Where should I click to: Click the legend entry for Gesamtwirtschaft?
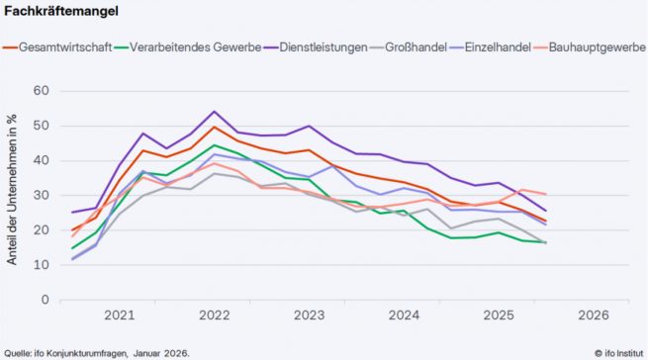[x=65, y=46]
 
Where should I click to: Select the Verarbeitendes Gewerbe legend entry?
[x=188, y=46]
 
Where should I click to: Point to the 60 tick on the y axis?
[x=41, y=91]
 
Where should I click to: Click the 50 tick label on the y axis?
[x=41, y=126]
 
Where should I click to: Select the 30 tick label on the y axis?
[x=41, y=196]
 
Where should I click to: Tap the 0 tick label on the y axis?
[x=45, y=300]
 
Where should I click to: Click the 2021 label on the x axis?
[x=119, y=315]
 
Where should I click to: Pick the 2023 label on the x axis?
[x=309, y=315]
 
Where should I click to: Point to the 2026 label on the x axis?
[x=593, y=315]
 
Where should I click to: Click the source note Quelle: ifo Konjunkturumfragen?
[x=97, y=352]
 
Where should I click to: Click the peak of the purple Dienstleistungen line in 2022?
[x=214, y=112]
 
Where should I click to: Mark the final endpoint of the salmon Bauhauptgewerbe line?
[x=545, y=194]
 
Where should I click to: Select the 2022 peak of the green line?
[x=214, y=145]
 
